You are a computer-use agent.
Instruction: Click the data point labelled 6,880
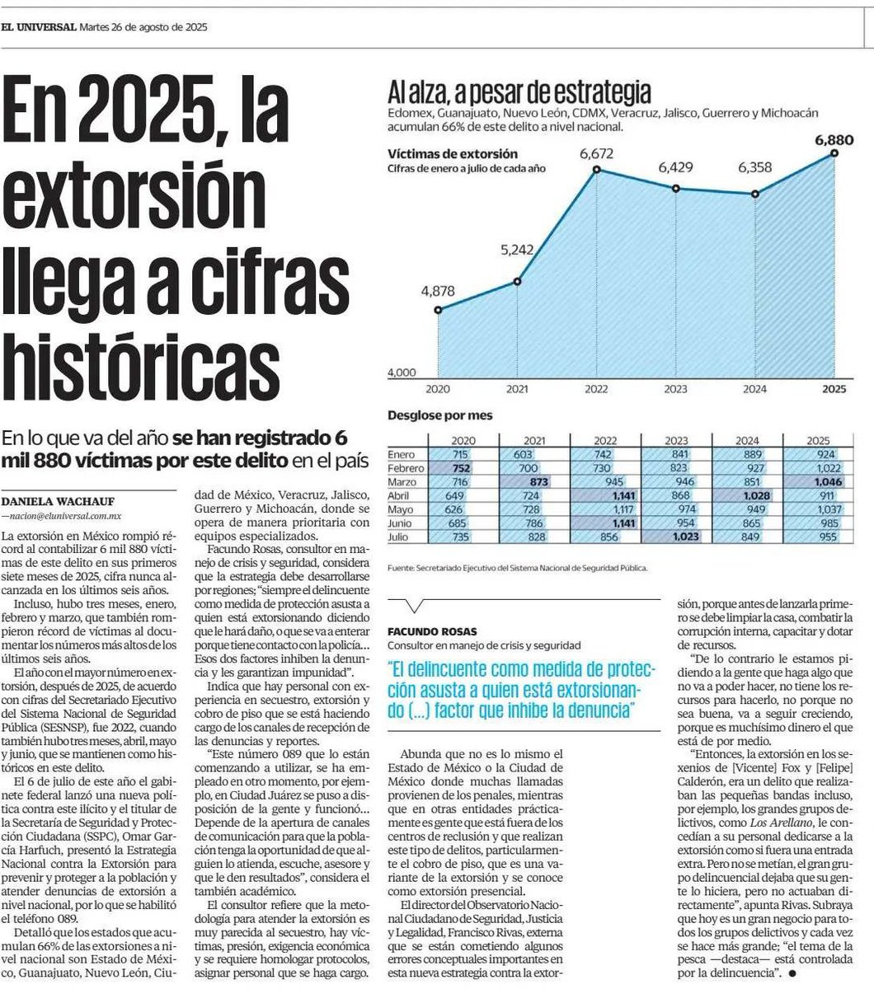pyautogui.click(x=835, y=152)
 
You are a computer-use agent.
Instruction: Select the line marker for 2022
pyautogui.click(x=596, y=170)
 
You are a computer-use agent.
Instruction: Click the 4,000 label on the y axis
pyautogui.click(x=402, y=373)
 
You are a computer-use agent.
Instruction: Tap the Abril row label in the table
pyautogui.click(x=402, y=496)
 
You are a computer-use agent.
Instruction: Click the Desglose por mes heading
pyautogui.click(x=440, y=415)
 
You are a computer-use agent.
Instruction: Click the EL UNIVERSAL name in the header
pyautogui.click(x=38, y=26)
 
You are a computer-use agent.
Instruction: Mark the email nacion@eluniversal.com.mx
pyautogui.click(x=63, y=515)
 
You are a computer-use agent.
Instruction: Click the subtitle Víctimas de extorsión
pyautogui.click(x=453, y=154)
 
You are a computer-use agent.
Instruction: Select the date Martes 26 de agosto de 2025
pyautogui.click(x=144, y=26)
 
